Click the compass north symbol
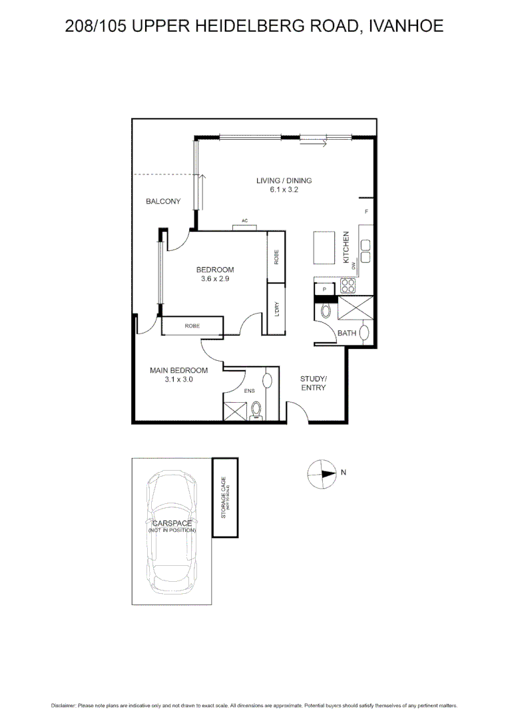point(323,474)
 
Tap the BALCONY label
point(163,202)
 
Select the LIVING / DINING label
point(284,180)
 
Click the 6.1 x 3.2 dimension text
point(284,190)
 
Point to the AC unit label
point(245,221)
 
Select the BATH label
point(346,333)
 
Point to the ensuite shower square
point(234,410)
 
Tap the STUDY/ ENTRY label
point(313,383)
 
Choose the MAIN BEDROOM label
point(178,371)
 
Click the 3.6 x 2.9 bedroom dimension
point(215,279)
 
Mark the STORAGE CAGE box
point(225,497)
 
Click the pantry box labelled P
point(324,290)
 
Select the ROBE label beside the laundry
point(276,257)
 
